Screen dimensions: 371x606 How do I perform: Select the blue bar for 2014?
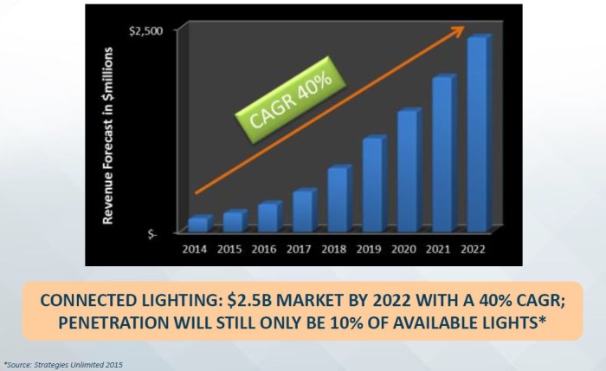pos(198,224)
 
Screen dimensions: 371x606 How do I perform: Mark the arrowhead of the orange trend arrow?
pos(456,31)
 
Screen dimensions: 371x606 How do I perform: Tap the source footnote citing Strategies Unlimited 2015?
pos(63,364)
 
